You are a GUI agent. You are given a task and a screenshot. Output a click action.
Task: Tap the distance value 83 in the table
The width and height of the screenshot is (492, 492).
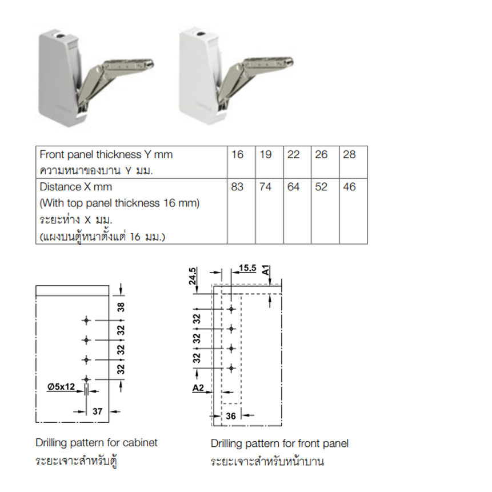coord(237,187)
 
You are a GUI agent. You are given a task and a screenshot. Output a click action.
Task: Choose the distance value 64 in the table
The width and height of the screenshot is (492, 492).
coord(293,187)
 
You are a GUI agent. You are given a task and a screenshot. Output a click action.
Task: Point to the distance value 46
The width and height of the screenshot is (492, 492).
coord(349,187)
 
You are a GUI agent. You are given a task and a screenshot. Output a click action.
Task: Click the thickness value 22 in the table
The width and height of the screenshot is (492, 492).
coord(293,154)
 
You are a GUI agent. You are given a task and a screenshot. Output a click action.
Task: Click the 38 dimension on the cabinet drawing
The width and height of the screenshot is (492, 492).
coord(121,307)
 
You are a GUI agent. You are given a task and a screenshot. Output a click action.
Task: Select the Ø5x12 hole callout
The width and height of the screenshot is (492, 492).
coord(61,386)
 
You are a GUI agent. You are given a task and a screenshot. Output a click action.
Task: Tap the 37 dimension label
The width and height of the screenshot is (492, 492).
coord(98,411)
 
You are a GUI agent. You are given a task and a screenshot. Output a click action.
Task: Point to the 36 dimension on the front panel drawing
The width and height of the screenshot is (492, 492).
coord(231,416)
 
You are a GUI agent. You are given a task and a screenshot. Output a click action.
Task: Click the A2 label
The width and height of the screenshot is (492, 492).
coord(198,388)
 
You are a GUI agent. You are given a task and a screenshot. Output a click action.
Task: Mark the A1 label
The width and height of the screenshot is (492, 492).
coord(266,270)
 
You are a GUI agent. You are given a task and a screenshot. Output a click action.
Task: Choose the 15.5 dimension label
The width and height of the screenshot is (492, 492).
coord(247,268)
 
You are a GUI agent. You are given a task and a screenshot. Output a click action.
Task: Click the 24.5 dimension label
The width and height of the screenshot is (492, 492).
coord(193,276)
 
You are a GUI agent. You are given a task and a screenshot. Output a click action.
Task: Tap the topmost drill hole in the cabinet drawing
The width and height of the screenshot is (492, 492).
coord(86,321)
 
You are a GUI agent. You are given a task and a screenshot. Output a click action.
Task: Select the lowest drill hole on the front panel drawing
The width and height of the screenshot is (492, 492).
coord(231,368)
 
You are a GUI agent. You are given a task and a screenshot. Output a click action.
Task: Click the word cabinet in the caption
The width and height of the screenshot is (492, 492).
coord(140,442)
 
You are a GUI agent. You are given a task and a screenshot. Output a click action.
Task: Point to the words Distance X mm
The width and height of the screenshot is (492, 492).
coord(76,187)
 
